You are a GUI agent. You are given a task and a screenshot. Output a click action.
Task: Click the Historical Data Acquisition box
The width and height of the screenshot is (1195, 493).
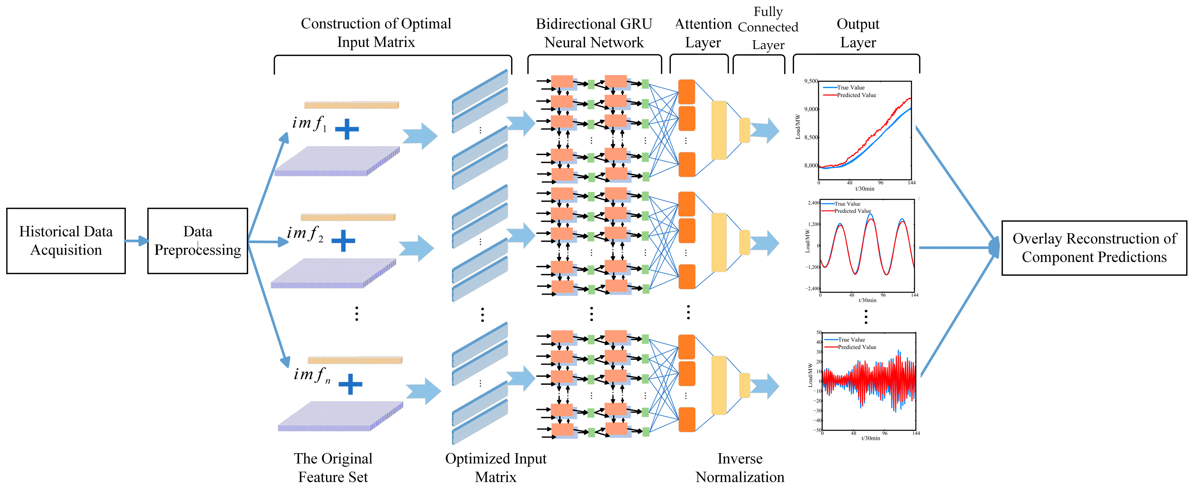tap(66, 241)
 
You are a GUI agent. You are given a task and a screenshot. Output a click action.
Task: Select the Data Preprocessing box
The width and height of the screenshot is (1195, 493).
tap(198, 241)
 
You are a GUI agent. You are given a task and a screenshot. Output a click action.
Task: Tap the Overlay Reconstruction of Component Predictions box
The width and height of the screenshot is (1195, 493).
tap(1094, 248)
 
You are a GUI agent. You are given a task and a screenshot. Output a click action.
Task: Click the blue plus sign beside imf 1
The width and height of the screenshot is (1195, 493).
tap(347, 129)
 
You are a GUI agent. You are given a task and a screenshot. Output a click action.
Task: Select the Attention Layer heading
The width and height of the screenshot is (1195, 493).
tap(703, 33)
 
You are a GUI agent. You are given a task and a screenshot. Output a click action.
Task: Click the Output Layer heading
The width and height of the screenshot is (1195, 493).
tap(858, 33)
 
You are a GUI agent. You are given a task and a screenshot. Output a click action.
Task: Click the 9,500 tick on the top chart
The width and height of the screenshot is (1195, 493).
tap(811, 81)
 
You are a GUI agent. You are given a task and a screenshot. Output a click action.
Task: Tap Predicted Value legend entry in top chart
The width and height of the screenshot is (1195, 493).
tap(856, 95)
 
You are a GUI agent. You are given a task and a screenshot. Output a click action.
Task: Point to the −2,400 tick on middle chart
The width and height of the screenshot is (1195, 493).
tap(813, 289)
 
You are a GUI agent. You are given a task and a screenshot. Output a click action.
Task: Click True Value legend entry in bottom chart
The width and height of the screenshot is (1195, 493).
tap(851, 340)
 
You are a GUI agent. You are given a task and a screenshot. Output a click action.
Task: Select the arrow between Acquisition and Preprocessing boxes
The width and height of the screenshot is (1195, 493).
tap(136, 241)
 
